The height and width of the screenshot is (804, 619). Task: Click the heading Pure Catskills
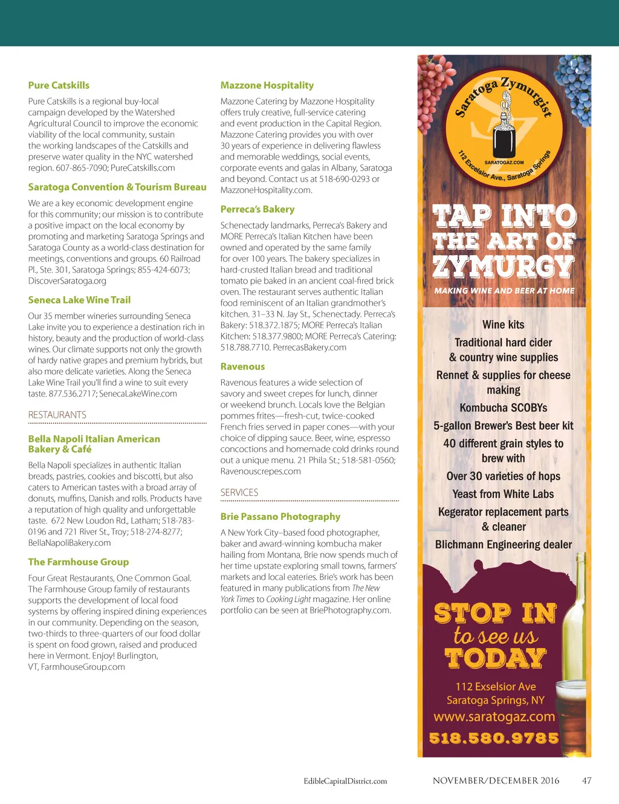coord(59,85)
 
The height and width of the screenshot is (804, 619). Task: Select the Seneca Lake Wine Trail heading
coord(79,300)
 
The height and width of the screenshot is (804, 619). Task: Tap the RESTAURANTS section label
coord(57,415)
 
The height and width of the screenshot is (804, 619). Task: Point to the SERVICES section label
coord(239,492)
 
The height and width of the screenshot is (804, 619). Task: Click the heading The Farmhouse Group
coord(78,562)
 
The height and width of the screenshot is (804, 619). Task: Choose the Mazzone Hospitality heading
coord(267,85)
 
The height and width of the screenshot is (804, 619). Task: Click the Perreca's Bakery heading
coord(257,209)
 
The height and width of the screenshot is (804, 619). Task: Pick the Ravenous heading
coord(242,366)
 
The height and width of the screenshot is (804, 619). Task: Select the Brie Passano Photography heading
coord(280,516)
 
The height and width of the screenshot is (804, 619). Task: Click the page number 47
coord(586,780)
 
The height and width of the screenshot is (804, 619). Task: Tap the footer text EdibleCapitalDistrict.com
coord(345,781)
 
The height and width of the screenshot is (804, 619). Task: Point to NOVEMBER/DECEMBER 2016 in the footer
coord(496,780)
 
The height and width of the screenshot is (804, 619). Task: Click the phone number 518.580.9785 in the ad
coord(494,738)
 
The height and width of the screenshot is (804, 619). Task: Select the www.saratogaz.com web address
coord(494,717)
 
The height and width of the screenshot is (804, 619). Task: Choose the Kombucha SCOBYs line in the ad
coord(503,407)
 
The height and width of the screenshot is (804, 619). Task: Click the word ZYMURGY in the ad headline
coord(503,266)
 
